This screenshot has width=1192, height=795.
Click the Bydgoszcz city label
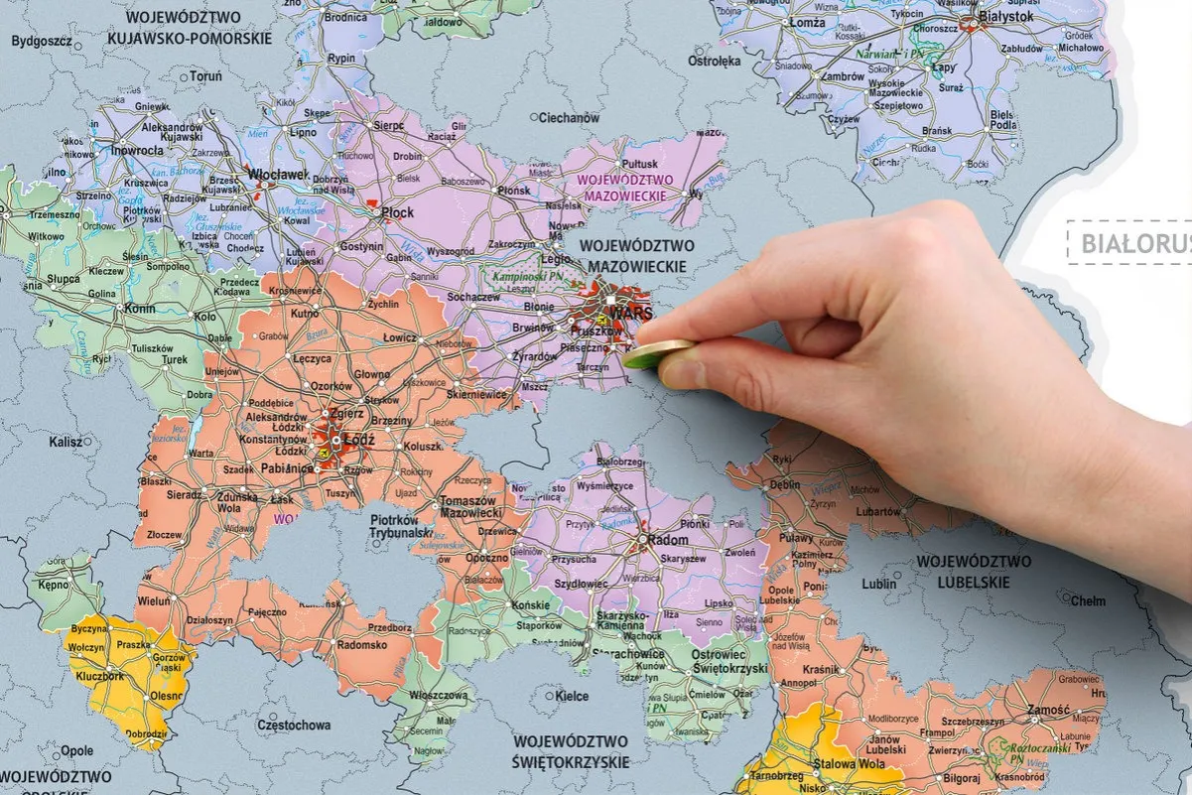[41, 41]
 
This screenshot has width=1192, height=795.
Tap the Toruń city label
[205, 76]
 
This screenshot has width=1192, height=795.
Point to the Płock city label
[396, 212]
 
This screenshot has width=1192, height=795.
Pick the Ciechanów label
[569, 118]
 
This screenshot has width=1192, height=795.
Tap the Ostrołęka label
[715, 62]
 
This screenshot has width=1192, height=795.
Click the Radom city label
[669, 540]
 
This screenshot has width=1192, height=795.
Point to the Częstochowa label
[294, 726]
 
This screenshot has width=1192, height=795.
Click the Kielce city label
[572, 697]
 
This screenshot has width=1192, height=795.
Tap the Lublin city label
[878, 585]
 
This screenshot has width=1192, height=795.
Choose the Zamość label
[1021, 711]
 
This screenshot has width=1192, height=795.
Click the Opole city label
[77, 751]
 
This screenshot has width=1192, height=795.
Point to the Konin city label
[140, 309]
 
